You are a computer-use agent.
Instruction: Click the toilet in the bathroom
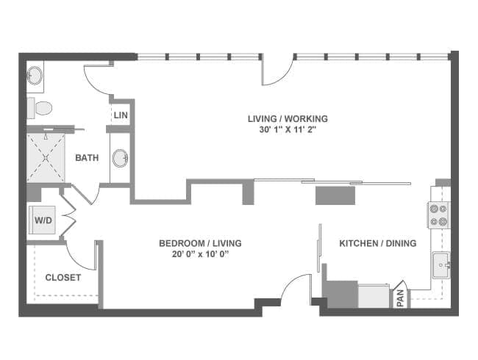click(x=40, y=108)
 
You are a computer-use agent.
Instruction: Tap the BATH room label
click(x=87, y=158)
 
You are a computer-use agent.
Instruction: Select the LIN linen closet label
click(x=121, y=115)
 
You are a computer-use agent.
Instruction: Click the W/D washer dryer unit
click(x=43, y=220)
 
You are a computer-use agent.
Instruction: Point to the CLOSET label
click(x=63, y=278)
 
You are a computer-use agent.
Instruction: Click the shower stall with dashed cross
click(x=46, y=157)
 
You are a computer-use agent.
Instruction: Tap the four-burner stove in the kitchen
click(x=439, y=215)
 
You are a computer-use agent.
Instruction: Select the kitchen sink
click(x=440, y=265)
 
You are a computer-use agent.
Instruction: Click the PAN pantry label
click(x=401, y=298)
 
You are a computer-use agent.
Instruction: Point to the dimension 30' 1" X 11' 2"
click(x=287, y=130)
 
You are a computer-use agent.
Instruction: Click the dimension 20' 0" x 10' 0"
click(x=200, y=254)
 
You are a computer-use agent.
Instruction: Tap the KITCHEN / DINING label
click(x=378, y=243)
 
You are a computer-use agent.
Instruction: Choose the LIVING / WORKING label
click(x=288, y=118)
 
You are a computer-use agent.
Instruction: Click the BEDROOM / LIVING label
click(x=200, y=243)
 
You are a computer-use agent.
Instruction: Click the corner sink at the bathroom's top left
click(x=35, y=75)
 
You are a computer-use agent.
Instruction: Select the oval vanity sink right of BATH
click(x=120, y=158)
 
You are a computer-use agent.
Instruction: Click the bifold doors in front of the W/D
click(x=70, y=215)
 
